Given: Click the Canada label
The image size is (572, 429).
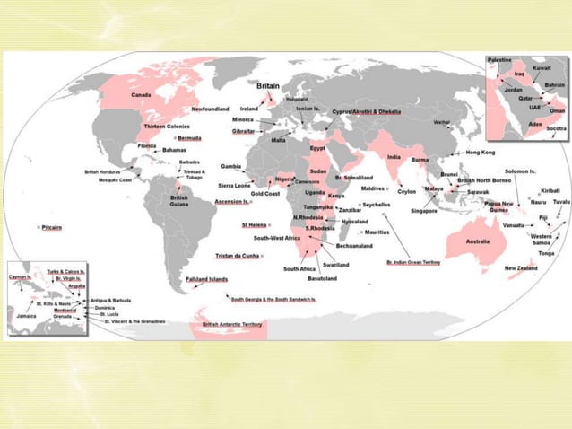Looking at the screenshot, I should [x=140, y=94].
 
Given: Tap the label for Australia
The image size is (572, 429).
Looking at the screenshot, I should [x=476, y=241].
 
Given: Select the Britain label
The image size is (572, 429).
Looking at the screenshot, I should [x=273, y=85].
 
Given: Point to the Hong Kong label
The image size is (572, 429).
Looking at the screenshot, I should [x=481, y=153].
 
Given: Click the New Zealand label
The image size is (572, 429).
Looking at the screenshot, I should [x=520, y=268].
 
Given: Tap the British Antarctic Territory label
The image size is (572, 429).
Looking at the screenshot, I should [x=232, y=324].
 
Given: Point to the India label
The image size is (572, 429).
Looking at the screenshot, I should [x=394, y=156].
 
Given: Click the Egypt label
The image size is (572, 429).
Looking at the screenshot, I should [x=317, y=147].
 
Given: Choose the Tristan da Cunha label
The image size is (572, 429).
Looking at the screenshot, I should [x=238, y=256].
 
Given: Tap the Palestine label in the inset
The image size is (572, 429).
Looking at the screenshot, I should [x=499, y=59].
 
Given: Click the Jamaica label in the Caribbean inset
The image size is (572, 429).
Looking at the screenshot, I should [x=26, y=316].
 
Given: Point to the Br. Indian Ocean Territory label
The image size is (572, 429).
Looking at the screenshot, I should [x=413, y=263].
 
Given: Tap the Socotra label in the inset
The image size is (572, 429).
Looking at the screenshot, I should [x=556, y=128].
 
